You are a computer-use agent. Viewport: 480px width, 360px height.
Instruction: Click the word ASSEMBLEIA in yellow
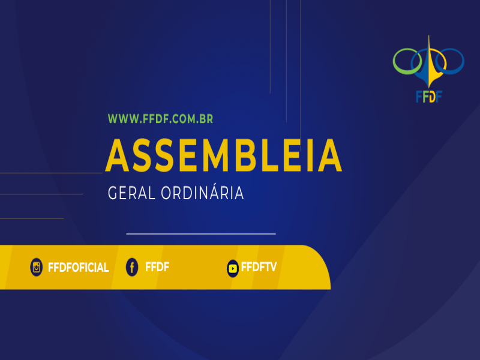pyautogui.click(x=223, y=155)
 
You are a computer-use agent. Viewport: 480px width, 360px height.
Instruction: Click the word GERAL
pyautogui.click(x=131, y=193)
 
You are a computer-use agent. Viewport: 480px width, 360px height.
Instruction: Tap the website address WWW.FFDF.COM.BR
pyautogui.click(x=160, y=119)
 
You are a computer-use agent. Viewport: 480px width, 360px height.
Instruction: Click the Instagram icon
pyautogui.click(x=36, y=267)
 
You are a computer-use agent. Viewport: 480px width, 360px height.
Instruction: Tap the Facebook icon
pyautogui.click(x=132, y=267)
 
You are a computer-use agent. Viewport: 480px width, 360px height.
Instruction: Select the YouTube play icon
pyautogui.click(x=233, y=268)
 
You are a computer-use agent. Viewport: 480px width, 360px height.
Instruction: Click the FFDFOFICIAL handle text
pyautogui.click(x=79, y=268)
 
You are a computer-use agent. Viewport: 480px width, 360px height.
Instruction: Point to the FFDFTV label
pyautogui.click(x=259, y=267)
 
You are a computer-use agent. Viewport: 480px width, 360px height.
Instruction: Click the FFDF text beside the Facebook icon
pyautogui.click(x=157, y=267)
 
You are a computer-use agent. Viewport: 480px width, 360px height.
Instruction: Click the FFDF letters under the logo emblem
pyautogui.click(x=429, y=97)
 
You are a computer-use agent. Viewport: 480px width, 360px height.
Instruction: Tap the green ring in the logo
pyautogui.click(x=395, y=61)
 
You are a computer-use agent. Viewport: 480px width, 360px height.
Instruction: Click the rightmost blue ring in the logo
pyautogui.click(x=462, y=61)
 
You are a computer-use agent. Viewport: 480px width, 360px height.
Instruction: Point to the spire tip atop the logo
pyautogui.click(x=428, y=35)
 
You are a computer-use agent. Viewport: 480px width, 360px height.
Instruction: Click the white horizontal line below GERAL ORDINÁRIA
pyautogui.click(x=201, y=234)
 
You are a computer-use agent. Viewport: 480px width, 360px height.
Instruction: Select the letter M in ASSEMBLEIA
pyautogui.click(x=217, y=155)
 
